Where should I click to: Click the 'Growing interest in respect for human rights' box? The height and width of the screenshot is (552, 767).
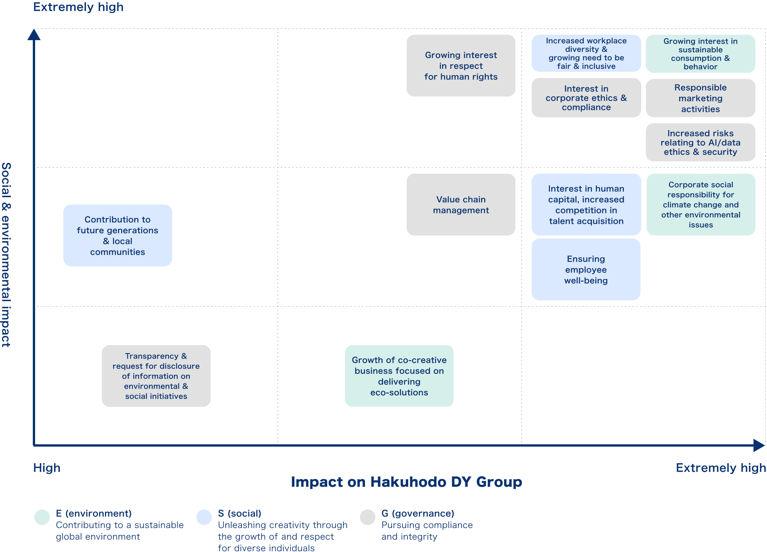coord(461,66)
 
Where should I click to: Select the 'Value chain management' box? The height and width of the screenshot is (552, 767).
coord(461,205)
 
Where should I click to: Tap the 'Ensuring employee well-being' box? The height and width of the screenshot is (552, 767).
coord(586,269)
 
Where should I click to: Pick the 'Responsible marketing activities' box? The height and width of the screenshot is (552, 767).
coord(700,98)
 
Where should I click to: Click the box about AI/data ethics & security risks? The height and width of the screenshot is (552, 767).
coord(700,142)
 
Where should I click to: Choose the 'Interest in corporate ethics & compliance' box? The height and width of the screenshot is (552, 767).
coord(586,98)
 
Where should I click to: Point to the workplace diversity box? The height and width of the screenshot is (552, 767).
coord(586,53)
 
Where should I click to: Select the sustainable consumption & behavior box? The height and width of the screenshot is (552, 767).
coord(700,54)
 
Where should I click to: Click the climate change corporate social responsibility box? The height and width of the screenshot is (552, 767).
coord(701,205)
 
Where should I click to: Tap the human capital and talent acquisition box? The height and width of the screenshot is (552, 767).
coord(586,205)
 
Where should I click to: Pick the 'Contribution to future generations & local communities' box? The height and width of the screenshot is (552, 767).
coord(118,235)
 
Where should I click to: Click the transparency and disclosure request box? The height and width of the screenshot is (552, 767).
coord(156,376)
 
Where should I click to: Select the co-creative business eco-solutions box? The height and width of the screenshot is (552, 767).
coord(399,376)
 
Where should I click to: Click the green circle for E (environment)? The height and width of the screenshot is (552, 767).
coord(42,517)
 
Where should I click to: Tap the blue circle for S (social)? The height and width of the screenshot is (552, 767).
coord(204,517)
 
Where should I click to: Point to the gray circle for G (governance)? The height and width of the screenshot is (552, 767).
coord(368,517)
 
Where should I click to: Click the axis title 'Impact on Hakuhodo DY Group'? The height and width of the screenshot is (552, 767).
coord(406,482)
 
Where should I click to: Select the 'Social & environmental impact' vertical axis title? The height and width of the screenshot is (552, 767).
coord(6,255)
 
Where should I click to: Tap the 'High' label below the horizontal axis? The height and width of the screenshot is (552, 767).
coord(47,468)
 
